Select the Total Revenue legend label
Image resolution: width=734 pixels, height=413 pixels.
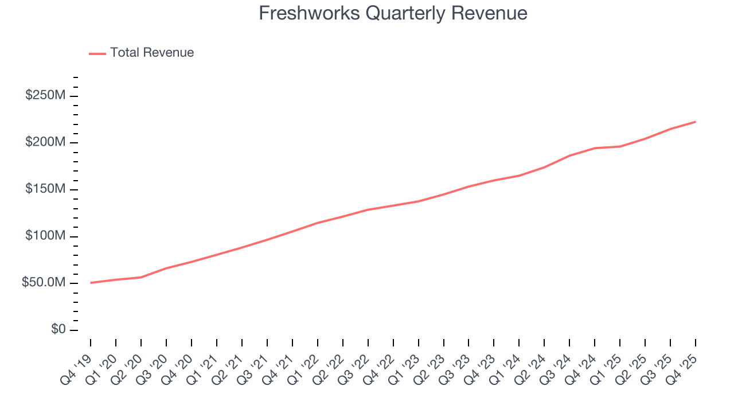[152, 53]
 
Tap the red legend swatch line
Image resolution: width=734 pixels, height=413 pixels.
[97, 53]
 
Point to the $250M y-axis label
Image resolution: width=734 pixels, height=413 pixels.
[45, 95]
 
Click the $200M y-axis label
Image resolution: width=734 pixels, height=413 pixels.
[45, 142]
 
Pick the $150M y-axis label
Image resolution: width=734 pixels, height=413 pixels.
[45, 189]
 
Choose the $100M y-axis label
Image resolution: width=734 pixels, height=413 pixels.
[45, 236]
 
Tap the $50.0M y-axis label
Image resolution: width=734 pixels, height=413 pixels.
[44, 283]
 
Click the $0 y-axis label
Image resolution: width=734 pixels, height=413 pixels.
[58, 330]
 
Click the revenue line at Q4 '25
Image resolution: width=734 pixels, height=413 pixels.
[696, 122]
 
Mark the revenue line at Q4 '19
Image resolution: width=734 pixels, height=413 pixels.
[91, 283]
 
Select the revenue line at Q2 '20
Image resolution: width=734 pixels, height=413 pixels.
[141, 277]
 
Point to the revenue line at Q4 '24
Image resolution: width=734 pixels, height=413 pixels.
[595, 148]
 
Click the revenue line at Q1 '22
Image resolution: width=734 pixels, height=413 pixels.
[318, 223]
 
